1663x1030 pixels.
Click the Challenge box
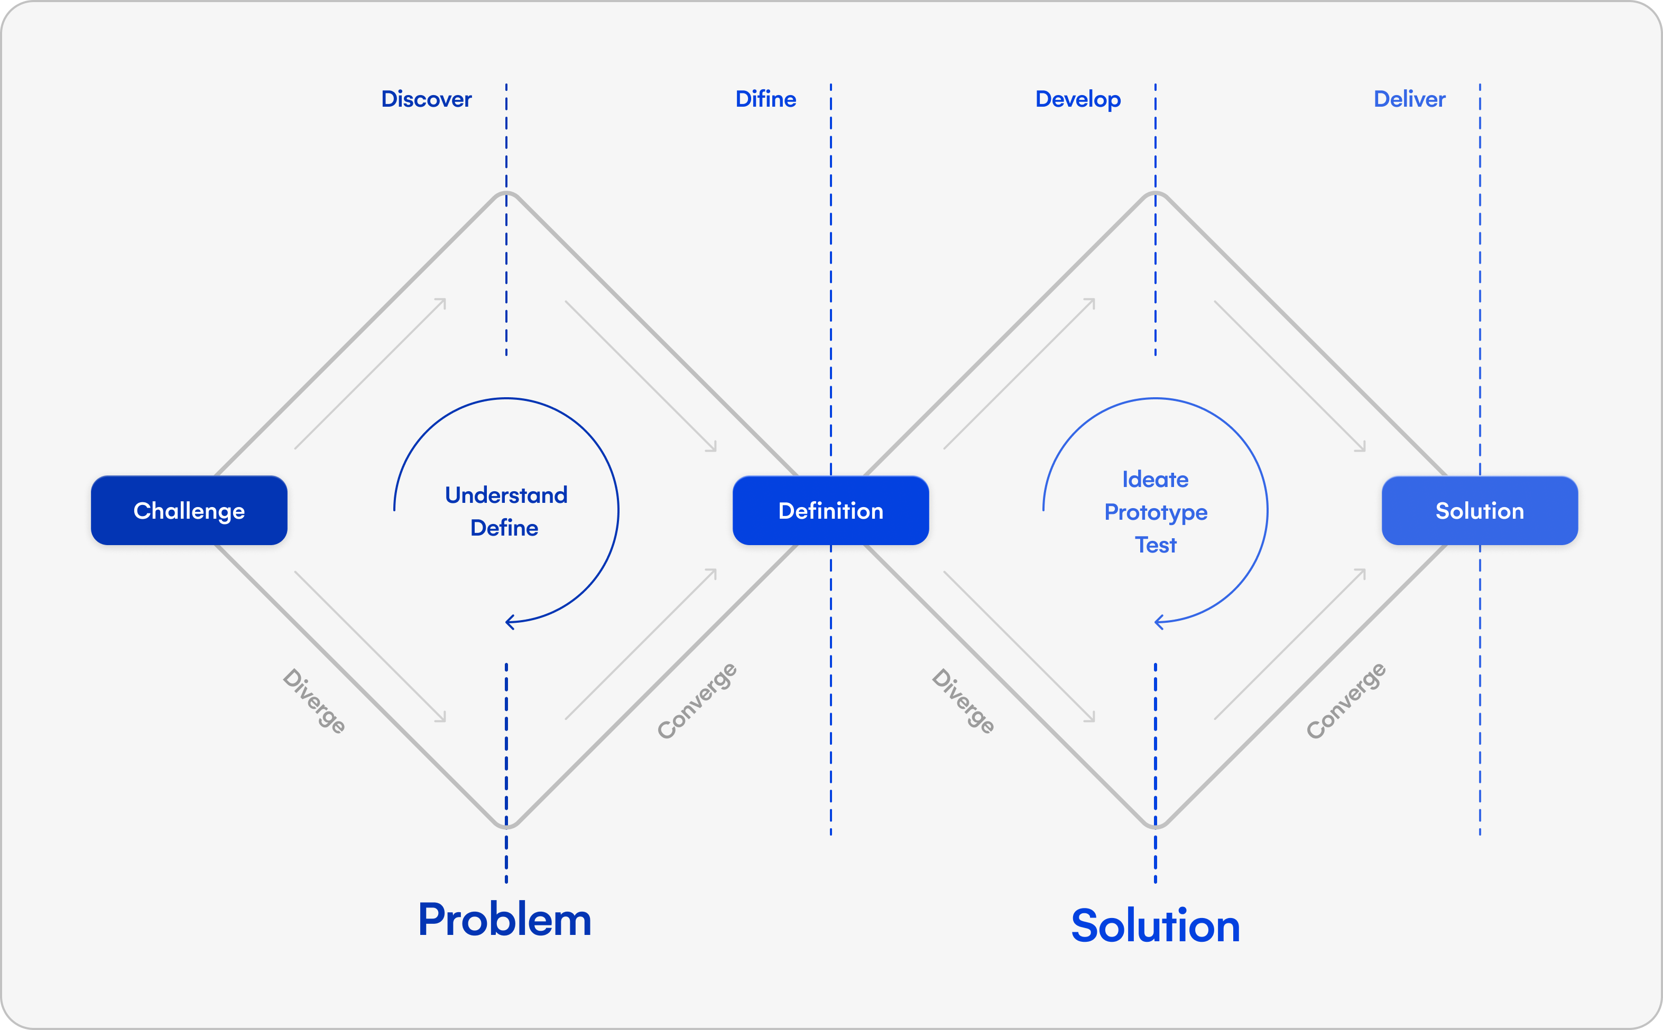click(189, 510)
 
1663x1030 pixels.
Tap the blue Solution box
click(1479, 510)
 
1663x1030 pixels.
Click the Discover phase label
click(426, 99)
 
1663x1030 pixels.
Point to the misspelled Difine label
click(765, 99)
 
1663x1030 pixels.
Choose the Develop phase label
click(1077, 99)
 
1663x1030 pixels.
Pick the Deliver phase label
click(1409, 99)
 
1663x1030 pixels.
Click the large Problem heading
click(504, 920)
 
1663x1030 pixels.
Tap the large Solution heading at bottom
click(1155, 926)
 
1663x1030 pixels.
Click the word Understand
click(506, 494)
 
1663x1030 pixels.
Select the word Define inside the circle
click(504, 528)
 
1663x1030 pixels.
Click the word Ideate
click(1155, 480)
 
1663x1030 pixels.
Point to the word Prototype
click(1155, 512)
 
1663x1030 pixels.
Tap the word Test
click(1155, 545)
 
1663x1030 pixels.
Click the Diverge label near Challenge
click(314, 701)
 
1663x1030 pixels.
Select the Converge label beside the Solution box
click(1345, 700)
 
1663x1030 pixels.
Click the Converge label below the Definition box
click(697, 700)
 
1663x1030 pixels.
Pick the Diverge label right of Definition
click(963, 701)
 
